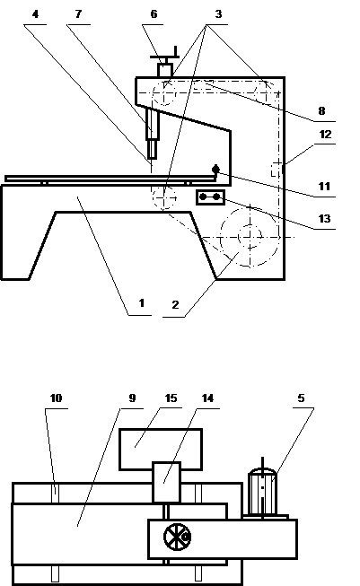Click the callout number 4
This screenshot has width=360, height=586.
coord(36,14)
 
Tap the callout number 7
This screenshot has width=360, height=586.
coord(78,14)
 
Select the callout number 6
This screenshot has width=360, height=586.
coord(154,14)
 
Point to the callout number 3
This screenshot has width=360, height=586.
coord(218,14)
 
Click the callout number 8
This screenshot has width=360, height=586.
coord(321,111)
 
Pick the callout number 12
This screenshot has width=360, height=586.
coord(325,135)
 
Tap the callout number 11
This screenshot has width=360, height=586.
coord(324,186)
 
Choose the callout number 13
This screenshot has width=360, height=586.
coord(324,219)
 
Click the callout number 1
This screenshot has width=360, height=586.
coord(141,302)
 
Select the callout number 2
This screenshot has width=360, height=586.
coord(175,304)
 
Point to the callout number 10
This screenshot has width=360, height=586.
coord(56,398)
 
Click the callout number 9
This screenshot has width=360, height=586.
coord(132,398)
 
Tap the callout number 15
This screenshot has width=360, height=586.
coord(171,398)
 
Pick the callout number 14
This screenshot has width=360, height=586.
coord(207,398)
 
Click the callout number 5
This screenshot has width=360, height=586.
coord(302,398)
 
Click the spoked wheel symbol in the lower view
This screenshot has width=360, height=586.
coord(177,537)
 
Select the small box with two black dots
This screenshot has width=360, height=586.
coord(210,197)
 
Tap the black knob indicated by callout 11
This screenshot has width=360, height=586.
coord(215,170)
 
